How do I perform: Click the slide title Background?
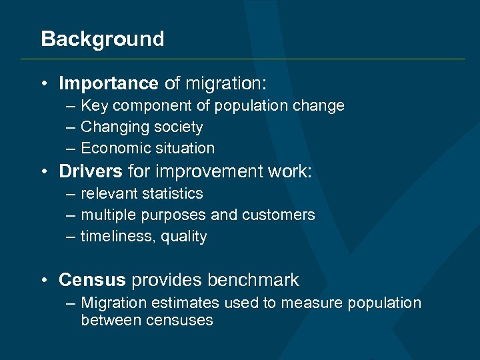102,39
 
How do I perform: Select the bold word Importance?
108,83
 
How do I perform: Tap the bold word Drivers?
91,171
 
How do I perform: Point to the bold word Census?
92,280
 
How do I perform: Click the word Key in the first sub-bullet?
93,105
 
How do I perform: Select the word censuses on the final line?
181,320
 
